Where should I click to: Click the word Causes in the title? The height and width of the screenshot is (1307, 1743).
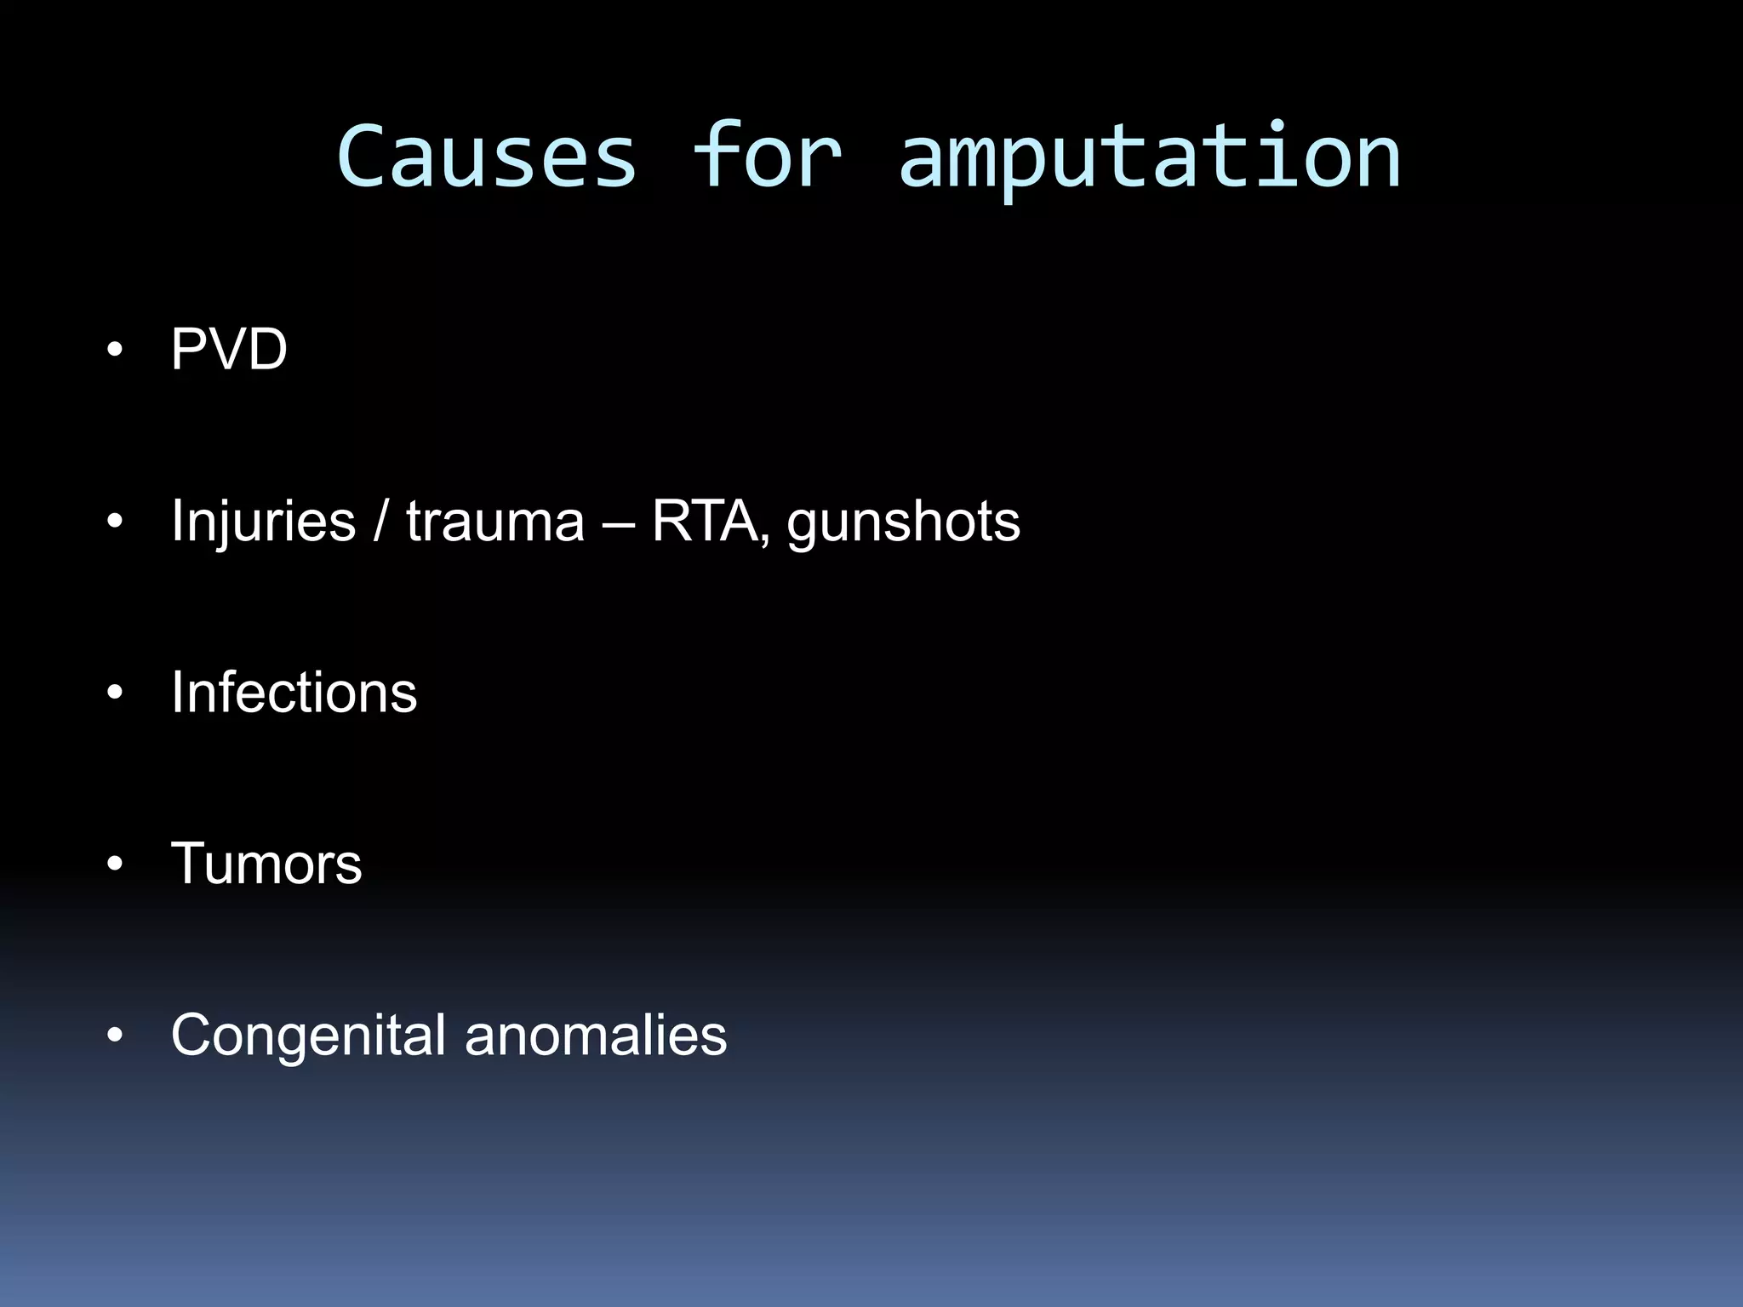point(487,157)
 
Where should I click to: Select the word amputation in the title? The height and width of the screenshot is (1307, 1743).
point(1149,157)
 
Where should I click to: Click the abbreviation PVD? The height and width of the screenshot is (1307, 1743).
point(229,350)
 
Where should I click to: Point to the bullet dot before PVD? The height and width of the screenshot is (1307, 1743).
point(116,351)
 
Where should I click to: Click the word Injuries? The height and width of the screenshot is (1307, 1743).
point(263,521)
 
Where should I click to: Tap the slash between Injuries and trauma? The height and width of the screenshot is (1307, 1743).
point(380,521)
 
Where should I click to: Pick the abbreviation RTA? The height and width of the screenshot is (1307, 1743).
point(705,521)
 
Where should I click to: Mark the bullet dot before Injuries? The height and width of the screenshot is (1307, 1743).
point(116,522)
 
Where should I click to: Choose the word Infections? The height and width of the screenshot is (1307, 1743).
point(294,692)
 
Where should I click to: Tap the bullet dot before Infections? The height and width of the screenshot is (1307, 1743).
point(116,693)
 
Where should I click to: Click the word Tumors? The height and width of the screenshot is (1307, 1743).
point(266,864)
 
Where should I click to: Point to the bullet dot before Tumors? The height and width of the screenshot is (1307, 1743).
point(116,865)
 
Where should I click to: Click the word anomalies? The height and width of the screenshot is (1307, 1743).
point(596,1036)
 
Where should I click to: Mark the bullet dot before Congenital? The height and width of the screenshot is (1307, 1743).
point(116,1036)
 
